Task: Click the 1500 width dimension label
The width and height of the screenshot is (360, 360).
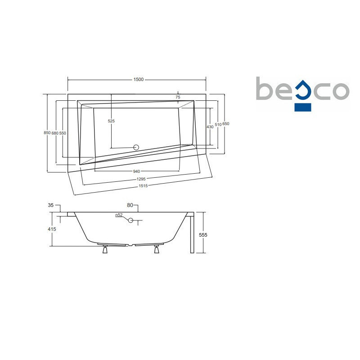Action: pyautogui.click(x=139, y=80)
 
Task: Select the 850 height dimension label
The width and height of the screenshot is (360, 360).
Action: pyautogui.click(x=47, y=133)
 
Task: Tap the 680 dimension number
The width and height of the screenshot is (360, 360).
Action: pyautogui.click(x=55, y=133)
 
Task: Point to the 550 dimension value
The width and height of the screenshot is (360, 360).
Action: pyautogui.click(x=63, y=133)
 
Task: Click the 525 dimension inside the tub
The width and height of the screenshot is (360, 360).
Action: pyautogui.click(x=111, y=121)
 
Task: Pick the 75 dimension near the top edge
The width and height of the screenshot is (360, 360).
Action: pyautogui.click(x=178, y=97)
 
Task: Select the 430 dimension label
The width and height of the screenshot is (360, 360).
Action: pyautogui.click(x=210, y=127)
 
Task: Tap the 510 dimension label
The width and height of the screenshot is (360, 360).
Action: pyautogui.click(x=218, y=125)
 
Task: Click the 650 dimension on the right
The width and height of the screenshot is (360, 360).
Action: pyautogui.click(x=226, y=124)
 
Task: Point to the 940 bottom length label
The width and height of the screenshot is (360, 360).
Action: pyautogui.click(x=136, y=171)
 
